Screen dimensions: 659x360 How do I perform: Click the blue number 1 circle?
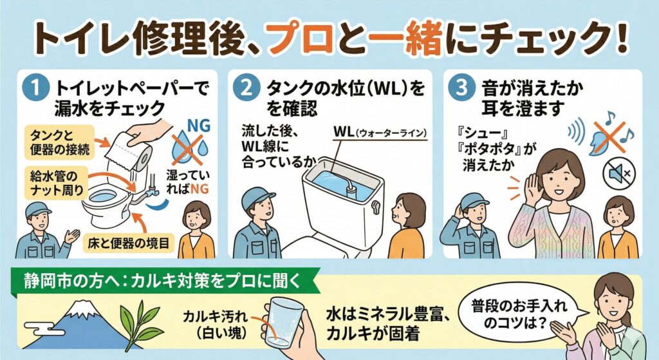click(x=36, y=88)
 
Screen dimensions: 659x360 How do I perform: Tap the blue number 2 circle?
click(x=246, y=88)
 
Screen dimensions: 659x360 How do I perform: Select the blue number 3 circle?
click(x=461, y=88)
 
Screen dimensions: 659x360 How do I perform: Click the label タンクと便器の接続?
click(x=60, y=142)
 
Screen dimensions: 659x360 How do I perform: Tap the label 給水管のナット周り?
click(x=57, y=182)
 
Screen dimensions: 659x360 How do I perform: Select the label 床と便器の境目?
click(x=129, y=243)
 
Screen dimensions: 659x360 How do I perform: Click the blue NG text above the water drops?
click(x=198, y=126)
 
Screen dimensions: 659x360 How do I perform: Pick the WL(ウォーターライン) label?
click(x=380, y=132)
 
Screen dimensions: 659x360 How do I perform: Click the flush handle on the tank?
click(x=375, y=206)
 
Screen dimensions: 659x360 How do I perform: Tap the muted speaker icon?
click(x=619, y=173)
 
